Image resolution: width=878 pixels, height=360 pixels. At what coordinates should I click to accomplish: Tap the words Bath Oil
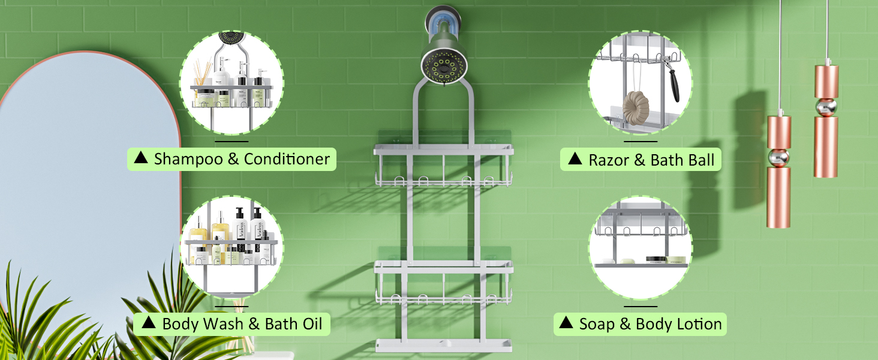pyautogui.click(x=293, y=325)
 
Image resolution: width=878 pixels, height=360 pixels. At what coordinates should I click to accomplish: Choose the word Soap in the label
pyautogui.click(x=597, y=325)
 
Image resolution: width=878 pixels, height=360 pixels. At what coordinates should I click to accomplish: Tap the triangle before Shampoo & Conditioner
pyautogui.click(x=141, y=158)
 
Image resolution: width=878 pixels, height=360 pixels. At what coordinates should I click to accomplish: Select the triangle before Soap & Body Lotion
pyautogui.click(x=566, y=324)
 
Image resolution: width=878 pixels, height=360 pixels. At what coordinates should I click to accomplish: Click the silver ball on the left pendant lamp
pyautogui.click(x=778, y=158)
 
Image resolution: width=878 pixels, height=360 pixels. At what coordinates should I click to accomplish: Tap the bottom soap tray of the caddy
pyautogui.click(x=444, y=346)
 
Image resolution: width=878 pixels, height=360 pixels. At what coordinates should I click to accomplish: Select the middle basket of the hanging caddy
pyautogui.click(x=444, y=282)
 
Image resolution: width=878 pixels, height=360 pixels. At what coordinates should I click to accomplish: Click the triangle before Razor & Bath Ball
pyautogui.click(x=575, y=159)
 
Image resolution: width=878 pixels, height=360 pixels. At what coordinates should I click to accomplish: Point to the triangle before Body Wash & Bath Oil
pyautogui.click(x=148, y=324)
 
